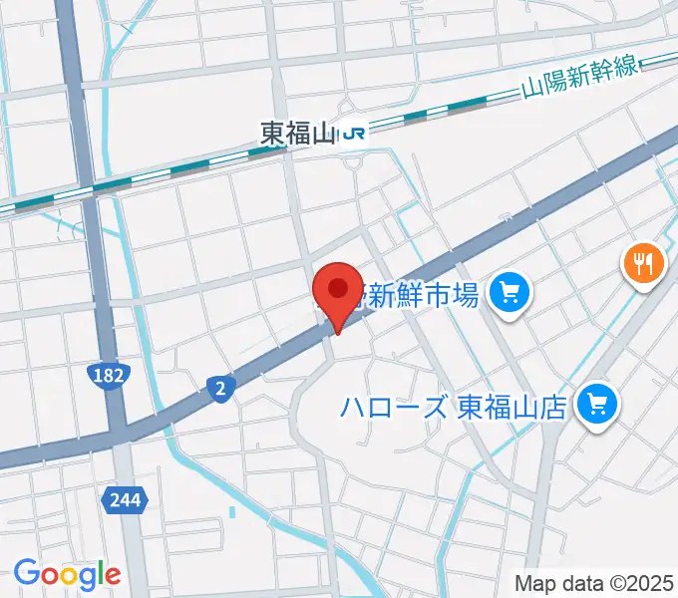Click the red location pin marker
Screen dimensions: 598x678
[x=338, y=292]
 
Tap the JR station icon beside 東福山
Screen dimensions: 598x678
[x=354, y=134]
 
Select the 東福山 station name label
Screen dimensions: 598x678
[x=297, y=134]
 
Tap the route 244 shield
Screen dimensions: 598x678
[x=126, y=497]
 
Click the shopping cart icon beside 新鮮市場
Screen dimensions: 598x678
[x=511, y=294]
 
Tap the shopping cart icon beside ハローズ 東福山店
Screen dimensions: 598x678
[x=598, y=404]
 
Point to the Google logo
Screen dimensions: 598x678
[x=67, y=574]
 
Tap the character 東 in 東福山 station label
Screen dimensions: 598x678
[x=272, y=134]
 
